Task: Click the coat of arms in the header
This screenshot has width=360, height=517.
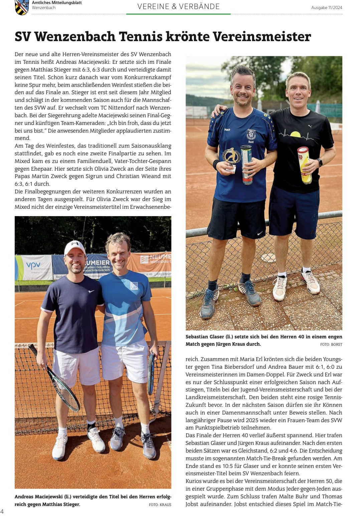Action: click(x=22, y=7)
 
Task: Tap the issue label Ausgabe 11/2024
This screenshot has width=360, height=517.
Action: click(x=327, y=8)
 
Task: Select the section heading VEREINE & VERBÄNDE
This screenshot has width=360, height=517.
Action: click(x=178, y=6)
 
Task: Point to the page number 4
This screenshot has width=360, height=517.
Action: click(x=2, y=511)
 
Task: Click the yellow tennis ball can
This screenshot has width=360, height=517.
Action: click(x=304, y=165)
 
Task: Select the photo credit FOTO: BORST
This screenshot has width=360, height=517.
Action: click(x=331, y=344)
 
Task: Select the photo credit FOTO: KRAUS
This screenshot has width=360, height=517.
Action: click(x=160, y=505)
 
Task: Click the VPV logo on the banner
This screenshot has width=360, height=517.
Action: click(x=33, y=266)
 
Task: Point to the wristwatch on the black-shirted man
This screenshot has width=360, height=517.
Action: click(x=320, y=162)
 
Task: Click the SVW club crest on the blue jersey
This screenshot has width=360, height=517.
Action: click(x=251, y=134)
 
